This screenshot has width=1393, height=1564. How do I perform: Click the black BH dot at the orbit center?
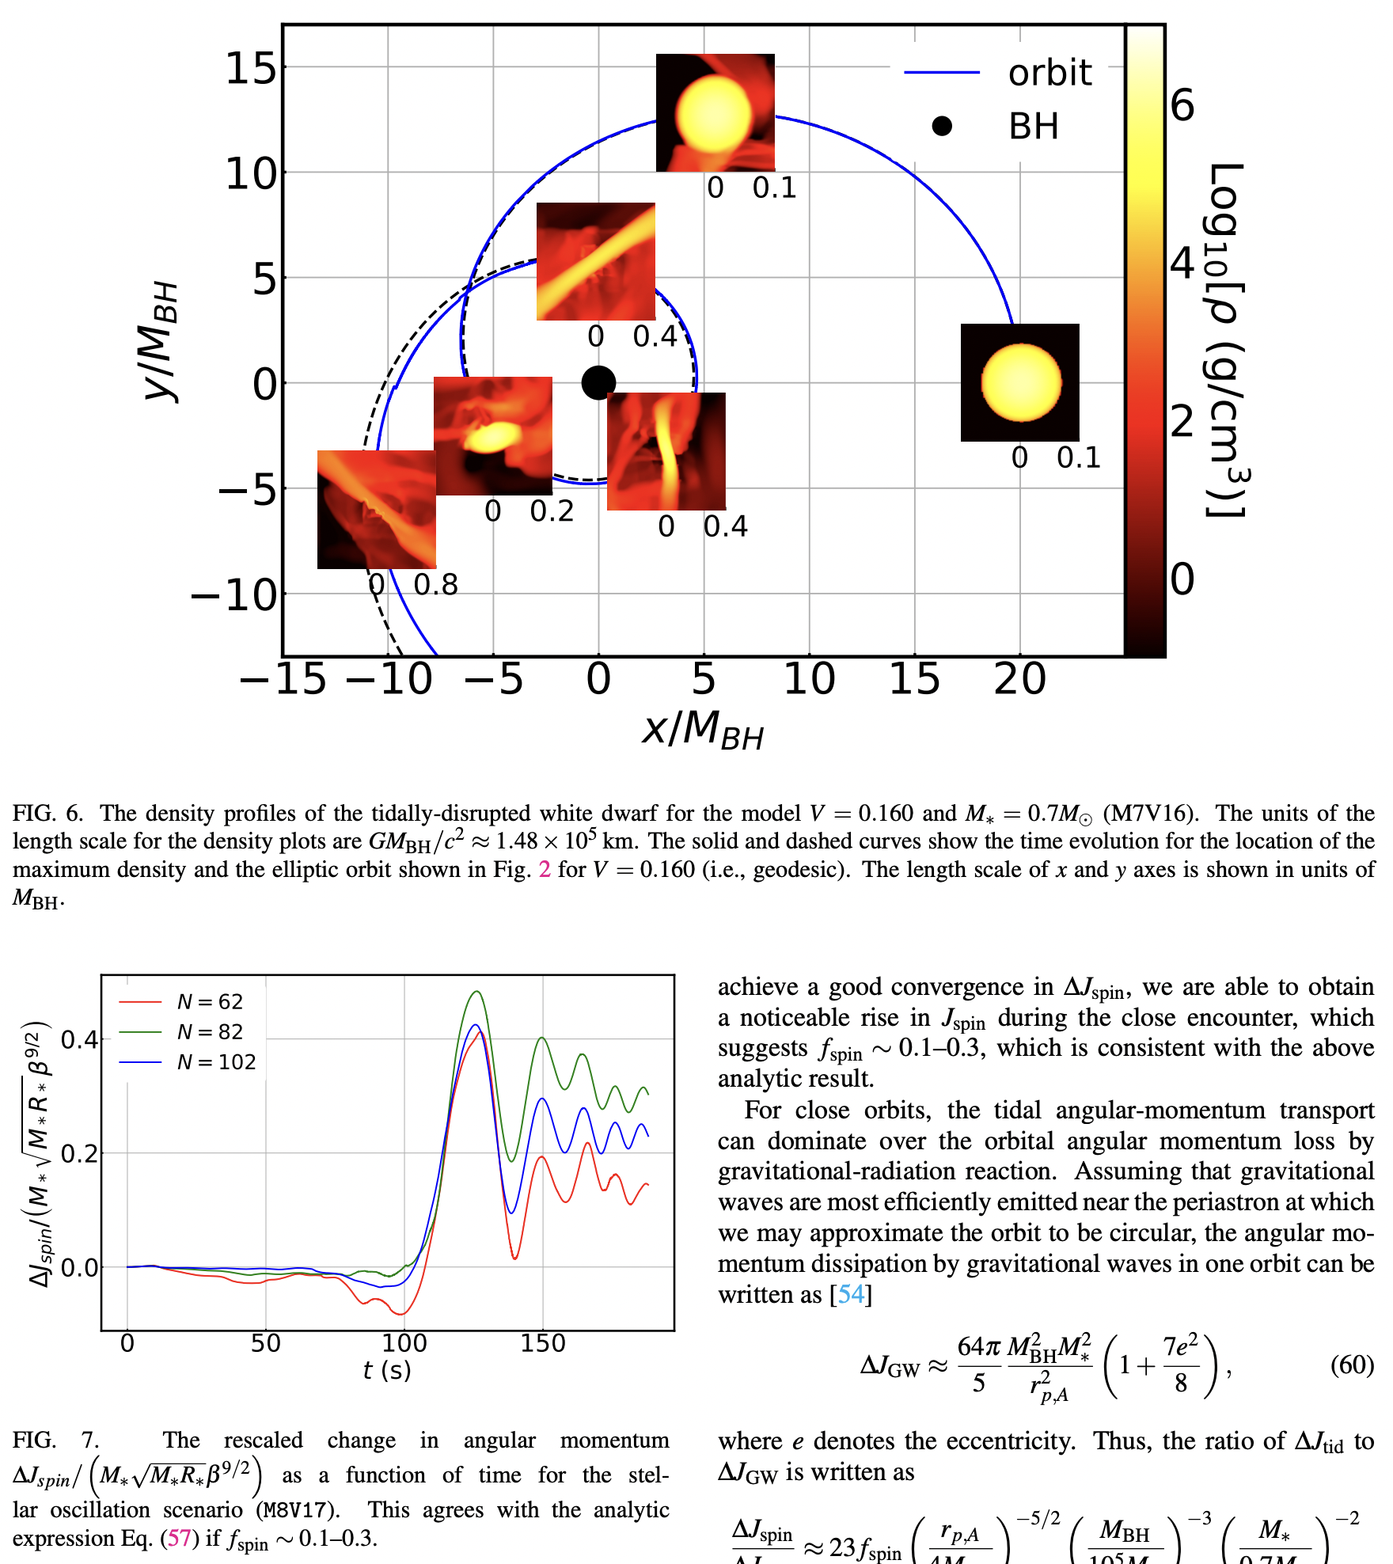click(598, 383)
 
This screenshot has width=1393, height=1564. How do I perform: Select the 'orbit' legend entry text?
click(1049, 73)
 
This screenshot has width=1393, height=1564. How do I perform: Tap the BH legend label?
click(1033, 127)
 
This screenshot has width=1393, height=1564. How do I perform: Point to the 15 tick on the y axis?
click(251, 68)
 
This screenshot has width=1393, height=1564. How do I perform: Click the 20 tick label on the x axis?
click(1019, 679)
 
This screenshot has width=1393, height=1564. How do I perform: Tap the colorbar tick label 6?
click(1182, 105)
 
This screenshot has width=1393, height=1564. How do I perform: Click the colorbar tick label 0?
click(1182, 579)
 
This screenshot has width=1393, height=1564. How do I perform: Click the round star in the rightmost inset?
click(1021, 382)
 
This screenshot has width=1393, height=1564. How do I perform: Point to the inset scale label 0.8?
click(435, 585)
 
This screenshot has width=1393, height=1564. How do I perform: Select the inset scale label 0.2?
click(552, 511)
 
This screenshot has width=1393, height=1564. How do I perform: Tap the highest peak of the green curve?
click(476, 992)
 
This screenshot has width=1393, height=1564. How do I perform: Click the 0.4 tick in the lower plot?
click(79, 1039)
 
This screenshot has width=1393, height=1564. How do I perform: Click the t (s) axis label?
click(387, 1370)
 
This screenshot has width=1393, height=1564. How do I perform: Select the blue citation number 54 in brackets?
click(851, 1294)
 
